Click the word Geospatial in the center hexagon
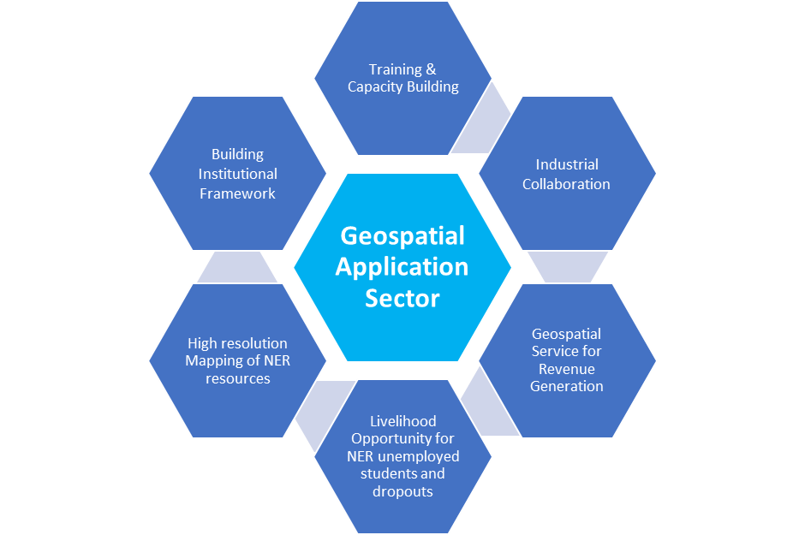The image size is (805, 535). pyautogui.click(x=402, y=237)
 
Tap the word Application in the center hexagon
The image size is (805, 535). pyautogui.click(x=402, y=268)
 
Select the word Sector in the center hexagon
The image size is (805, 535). pyautogui.click(x=402, y=299)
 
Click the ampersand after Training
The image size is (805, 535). pyautogui.click(x=431, y=69)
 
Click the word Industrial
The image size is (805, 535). pyautogui.click(x=567, y=164)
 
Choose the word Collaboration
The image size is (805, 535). pyautogui.click(x=566, y=184)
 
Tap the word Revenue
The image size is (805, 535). pyautogui.click(x=567, y=369)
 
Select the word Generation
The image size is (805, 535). pyautogui.click(x=567, y=386)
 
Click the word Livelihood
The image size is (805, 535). pyautogui.click(x=403, y=421)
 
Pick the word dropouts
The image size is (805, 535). pyautogui.click(x=403, y=491)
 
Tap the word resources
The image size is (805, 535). pyautogui.click(x=238, y=378)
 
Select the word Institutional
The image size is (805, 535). pyautogui.click(x=238, y=174)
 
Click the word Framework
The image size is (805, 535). pyautogui.click(x=238, y=193)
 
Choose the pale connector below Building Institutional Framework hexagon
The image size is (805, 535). pyautogui.click(x=237, y=267)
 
